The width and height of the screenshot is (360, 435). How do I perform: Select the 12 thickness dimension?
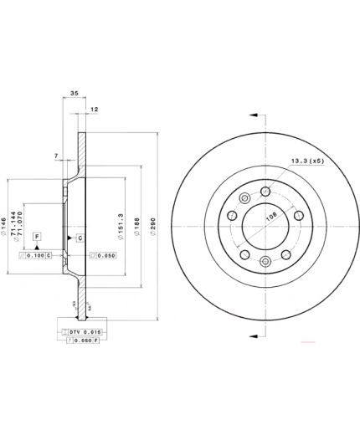94,110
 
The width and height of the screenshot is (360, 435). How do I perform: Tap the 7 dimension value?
55,156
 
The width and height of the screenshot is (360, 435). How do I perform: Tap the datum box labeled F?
37,237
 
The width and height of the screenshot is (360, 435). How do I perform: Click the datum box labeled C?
80,238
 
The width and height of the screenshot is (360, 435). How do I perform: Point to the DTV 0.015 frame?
84,332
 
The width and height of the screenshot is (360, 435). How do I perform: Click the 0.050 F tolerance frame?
84,341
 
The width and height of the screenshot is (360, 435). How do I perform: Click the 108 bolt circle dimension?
270,216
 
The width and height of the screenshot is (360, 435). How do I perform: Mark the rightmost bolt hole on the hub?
297,215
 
